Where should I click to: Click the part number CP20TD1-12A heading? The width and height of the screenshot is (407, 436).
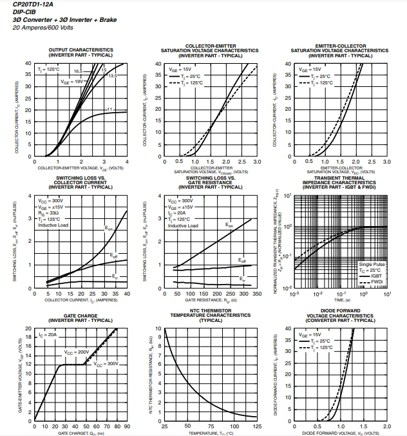click(33, 5)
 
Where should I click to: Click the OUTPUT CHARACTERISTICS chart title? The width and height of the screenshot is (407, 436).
click(81, 50)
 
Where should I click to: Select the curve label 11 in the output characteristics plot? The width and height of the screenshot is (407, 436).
click(110, 109)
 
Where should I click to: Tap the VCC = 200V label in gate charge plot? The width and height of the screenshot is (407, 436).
click(76, 352)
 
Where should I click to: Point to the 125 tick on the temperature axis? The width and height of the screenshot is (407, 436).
click(257, 426)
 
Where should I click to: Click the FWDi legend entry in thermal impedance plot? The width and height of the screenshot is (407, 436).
click(377, 281)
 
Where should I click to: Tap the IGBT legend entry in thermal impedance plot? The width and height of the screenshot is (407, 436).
click(376, 276)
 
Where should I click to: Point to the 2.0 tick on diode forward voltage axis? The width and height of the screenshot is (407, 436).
click(387, 426)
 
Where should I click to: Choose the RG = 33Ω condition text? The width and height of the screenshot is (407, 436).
click(50, 213)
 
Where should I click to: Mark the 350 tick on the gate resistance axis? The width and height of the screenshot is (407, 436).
click(257, 293)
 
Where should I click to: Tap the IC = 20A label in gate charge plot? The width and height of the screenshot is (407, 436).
click(48, 335)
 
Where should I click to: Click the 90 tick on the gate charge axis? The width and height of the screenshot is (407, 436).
click(127, 426)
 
